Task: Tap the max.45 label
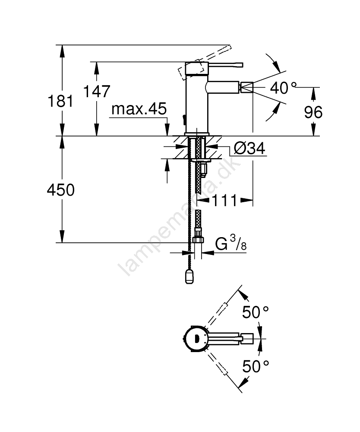[139, 109]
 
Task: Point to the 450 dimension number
[60, 190]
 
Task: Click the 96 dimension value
[313, 112]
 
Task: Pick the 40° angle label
[283, 88]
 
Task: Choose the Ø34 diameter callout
[249, 148]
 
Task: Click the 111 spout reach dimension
[224, 200]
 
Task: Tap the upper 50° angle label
[255, 312]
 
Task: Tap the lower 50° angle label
[255, 366]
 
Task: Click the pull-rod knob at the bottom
[189, 276]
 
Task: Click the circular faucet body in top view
[196, 338]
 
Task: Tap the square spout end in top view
[248, 338]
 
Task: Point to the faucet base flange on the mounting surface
[197, 134]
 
